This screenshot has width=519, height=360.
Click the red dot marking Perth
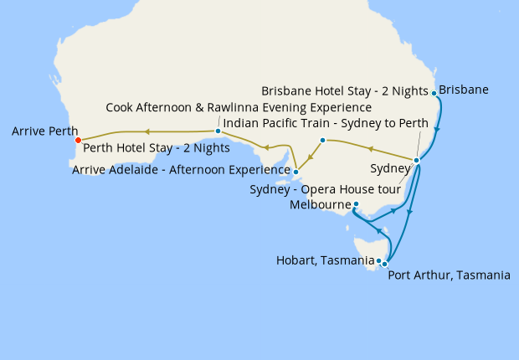point(78,141)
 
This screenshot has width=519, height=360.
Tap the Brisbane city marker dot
point(434,93)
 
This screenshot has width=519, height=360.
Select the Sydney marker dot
point(416,160)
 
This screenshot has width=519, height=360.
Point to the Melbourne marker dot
point(356,204)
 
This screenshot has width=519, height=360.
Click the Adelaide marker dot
point(295,172)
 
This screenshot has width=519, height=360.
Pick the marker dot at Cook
point(218,131)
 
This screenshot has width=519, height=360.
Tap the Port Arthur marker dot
point(385,264)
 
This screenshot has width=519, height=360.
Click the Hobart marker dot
point(378,261)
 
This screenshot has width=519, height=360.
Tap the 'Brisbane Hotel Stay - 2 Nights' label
point(345,90)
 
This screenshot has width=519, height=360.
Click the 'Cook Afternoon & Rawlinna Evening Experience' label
point(239,108)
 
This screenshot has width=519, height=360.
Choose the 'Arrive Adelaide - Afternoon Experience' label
point(181,170)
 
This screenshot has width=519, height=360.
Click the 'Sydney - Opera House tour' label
point(325,188)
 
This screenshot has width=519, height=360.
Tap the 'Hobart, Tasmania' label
point(325,260)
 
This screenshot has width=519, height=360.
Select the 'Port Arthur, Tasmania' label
point(449,275)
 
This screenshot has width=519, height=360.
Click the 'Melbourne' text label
point(320,204)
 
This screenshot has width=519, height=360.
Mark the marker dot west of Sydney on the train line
point(322,140)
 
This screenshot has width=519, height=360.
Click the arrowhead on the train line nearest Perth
point(146,131)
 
